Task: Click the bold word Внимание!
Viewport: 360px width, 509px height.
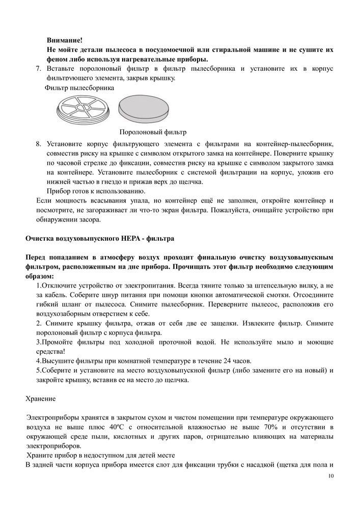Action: point(64,40)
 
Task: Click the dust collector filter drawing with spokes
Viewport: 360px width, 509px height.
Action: point(84,111)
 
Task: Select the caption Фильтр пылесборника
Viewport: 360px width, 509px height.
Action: point(79,88)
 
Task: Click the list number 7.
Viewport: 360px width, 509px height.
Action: point(38,69)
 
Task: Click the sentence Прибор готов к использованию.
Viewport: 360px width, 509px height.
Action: point(96,191)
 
